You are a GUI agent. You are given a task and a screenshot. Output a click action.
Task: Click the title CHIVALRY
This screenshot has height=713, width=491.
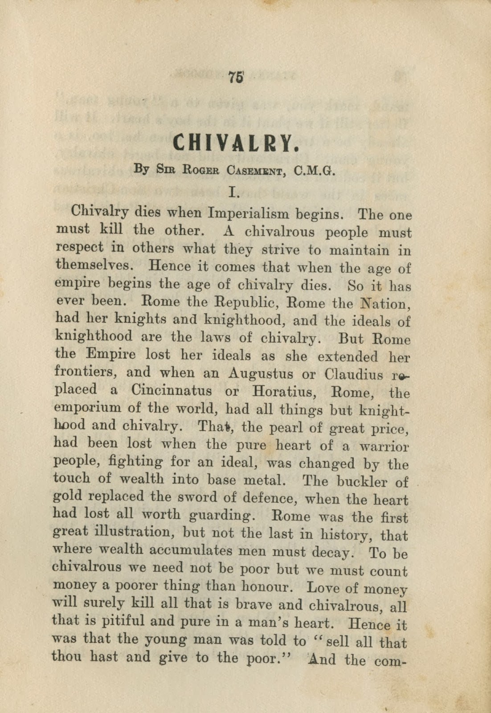[x=235, y=143]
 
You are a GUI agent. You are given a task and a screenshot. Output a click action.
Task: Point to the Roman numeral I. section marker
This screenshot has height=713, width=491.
[x=234, y=192]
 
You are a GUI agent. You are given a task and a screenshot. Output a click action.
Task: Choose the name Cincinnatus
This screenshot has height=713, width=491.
[x=172, y=391]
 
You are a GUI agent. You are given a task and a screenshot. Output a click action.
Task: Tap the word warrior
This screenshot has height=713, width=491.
[x=384, y=446]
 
